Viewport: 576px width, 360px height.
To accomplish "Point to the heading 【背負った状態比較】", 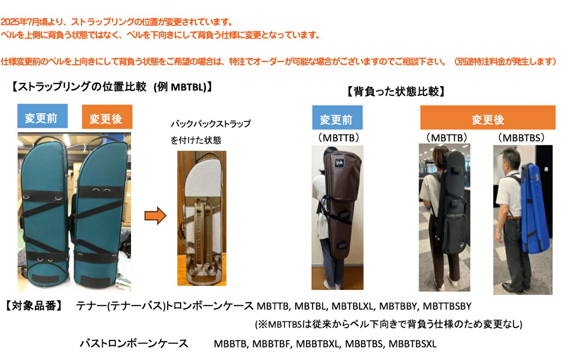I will (396, 92).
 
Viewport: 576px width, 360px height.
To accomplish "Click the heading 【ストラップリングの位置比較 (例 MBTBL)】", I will (112, 87).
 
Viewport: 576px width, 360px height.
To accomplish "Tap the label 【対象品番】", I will (34, 306).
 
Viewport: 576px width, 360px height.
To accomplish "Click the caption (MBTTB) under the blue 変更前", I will (337, 138).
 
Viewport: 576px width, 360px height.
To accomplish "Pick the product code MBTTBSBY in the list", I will (447, 306).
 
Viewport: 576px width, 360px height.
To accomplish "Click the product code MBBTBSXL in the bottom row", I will (412, 344).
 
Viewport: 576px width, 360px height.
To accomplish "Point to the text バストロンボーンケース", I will (134, 344).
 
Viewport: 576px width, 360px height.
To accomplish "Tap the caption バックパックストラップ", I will (211, 124).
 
